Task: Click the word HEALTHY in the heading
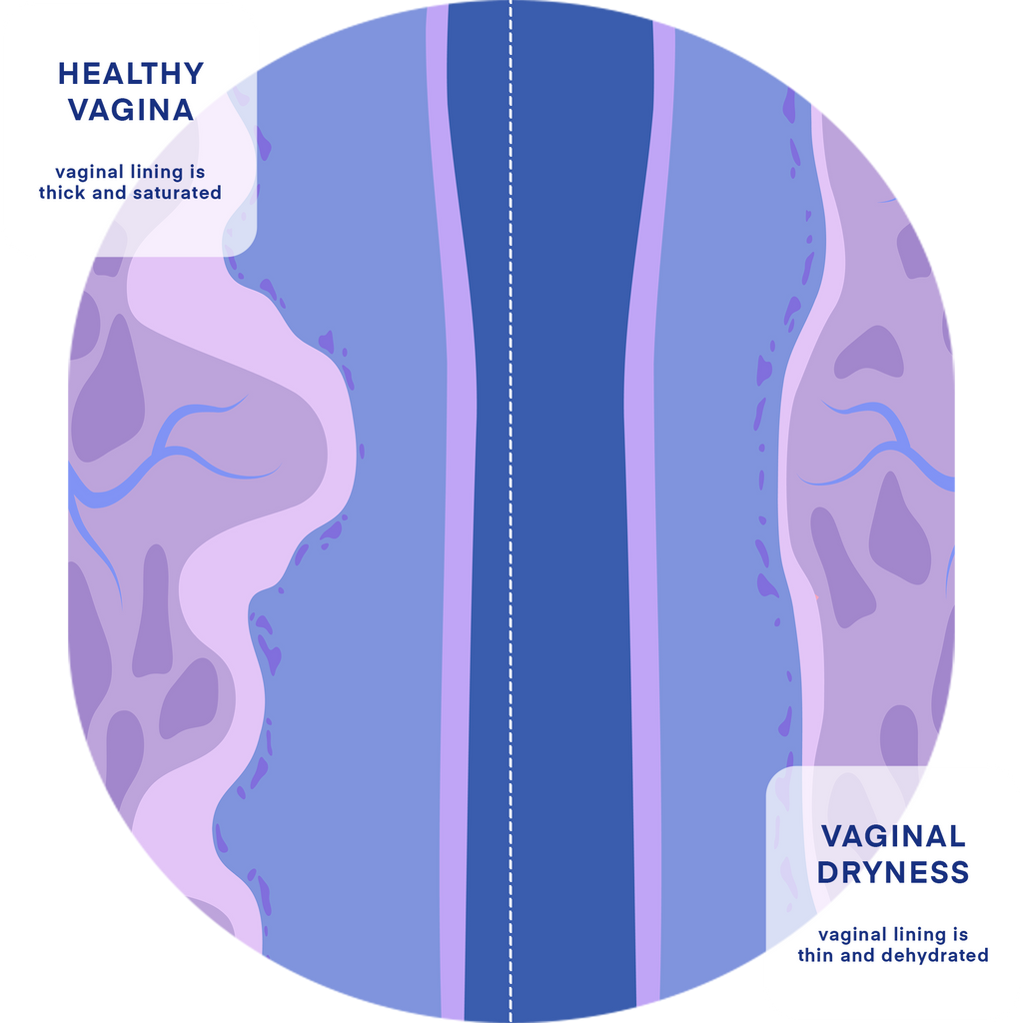point(131,74)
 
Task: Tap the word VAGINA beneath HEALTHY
point(131,110)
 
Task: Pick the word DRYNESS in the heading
point(893,872)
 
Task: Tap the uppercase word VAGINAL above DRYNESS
point(893,836)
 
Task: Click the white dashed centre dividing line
point(511,511)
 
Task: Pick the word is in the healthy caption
point(197,172)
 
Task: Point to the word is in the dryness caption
point(960,935)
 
